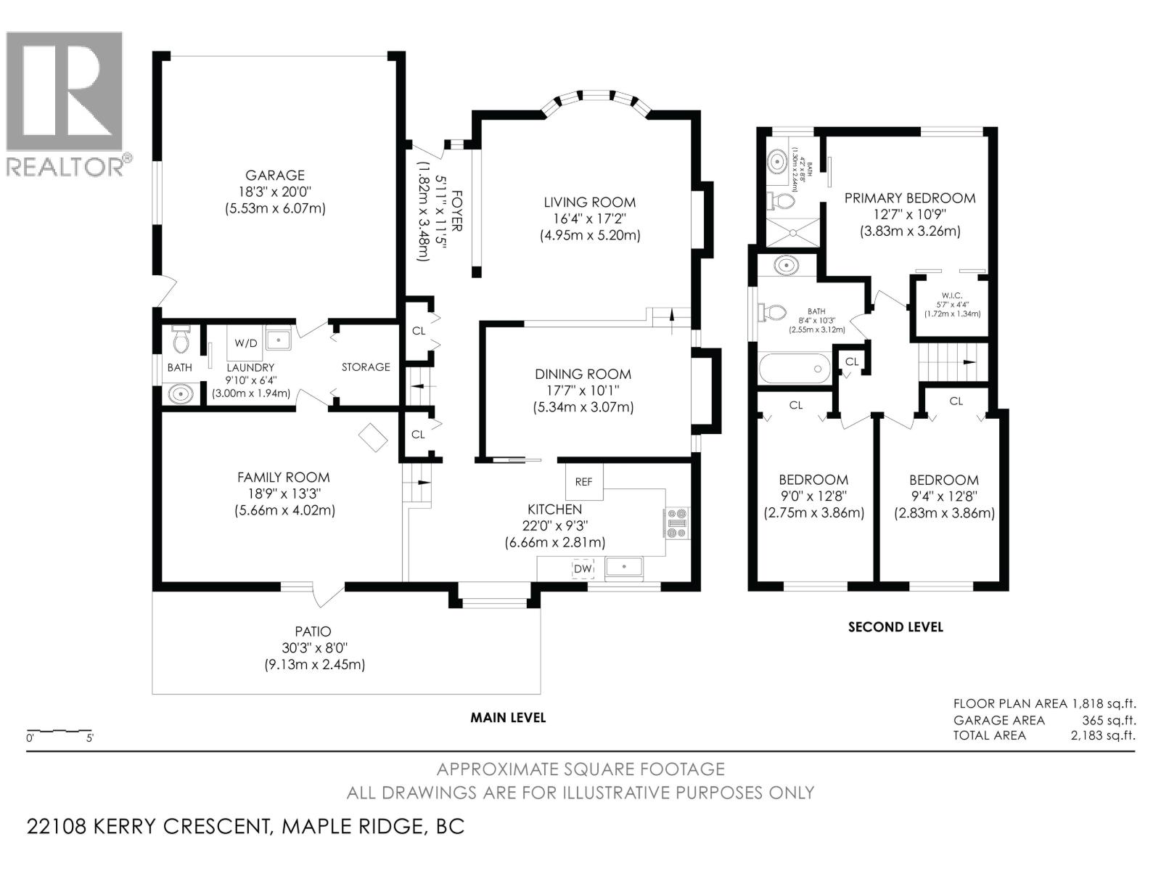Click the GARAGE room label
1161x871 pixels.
[274, 176]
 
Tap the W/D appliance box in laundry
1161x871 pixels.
[242, 341]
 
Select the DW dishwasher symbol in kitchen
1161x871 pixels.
[583, 569]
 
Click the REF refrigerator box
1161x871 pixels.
[584, 482]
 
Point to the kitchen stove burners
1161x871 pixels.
[677, 523]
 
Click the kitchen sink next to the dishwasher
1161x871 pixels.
[625, 567]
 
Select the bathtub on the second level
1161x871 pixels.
[795, 368]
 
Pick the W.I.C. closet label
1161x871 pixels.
[951, 295]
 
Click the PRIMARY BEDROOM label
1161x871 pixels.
[909, 198]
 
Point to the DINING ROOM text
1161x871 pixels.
[583, 375]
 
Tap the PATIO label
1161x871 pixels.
[313, 632]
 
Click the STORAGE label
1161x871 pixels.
[366, 367]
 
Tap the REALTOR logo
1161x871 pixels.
[65, 102]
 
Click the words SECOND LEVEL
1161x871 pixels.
[895, 627]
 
